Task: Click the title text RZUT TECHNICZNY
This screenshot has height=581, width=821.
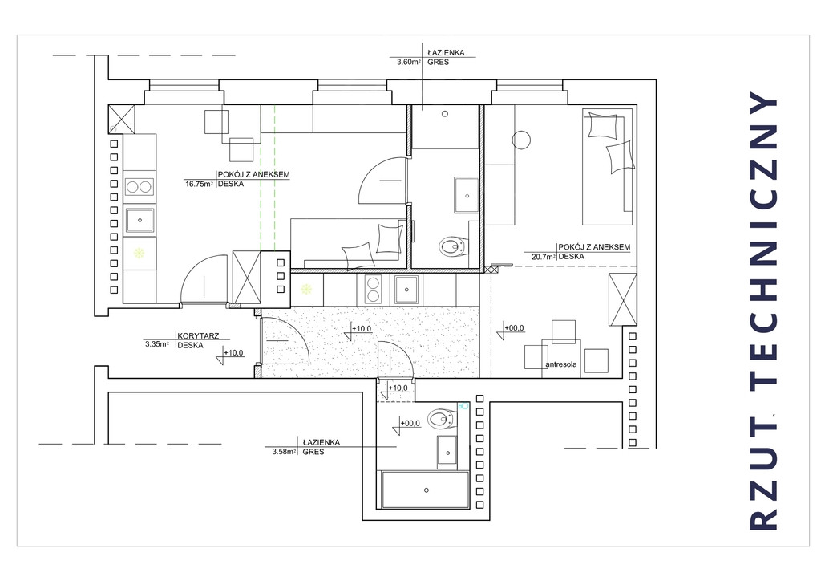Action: [764, 311]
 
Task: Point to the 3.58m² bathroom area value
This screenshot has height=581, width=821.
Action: [285, 452]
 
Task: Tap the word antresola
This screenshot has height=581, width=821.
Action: [560, 364]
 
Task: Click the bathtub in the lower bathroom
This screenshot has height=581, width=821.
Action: [426, 490]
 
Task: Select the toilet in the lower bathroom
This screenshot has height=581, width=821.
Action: [441, 419]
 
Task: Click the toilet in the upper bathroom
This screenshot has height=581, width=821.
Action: [453, 246]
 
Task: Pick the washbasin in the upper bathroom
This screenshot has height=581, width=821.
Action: [466, 196]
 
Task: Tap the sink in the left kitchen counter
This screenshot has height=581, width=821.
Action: [140, 220]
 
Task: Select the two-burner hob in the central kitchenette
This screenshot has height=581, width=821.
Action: [373, 289]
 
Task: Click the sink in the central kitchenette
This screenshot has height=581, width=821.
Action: [406, 289]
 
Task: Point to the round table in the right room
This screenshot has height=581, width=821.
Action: [521, 140]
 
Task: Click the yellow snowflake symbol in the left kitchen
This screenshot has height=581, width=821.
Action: [140, 254]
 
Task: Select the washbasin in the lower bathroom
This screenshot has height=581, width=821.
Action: [447, 452]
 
